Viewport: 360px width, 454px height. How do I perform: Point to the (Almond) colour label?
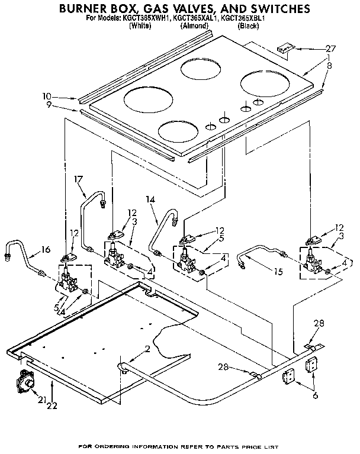pos(194,26)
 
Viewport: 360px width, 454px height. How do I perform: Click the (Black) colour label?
pos(248,26)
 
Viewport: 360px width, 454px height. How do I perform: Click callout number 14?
pos(151,200)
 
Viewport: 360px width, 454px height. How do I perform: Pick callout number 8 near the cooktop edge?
pos(329,67)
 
